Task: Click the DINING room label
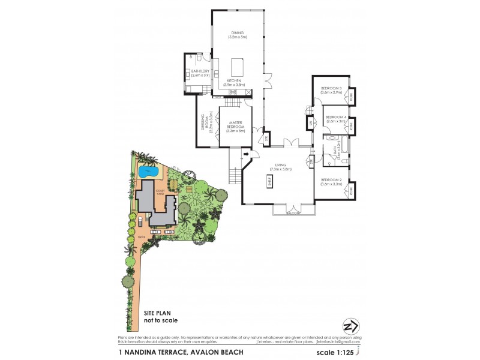pyautogui.click(x=237, y=35)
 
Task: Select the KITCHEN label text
pyautogui.click(x=234, y=82)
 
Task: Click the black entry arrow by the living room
pyautogui.click(x=246, y=155)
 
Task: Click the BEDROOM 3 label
pyautogui.click(x=331, y=90)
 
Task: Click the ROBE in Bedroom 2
pyautogui.click(x=351, y=190)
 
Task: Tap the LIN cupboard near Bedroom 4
pyautogui.click(x=311, y=124)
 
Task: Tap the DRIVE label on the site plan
pyautogui.click(x=142, y=238)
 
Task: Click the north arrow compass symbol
pyautogui.click(x=350, y=326)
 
